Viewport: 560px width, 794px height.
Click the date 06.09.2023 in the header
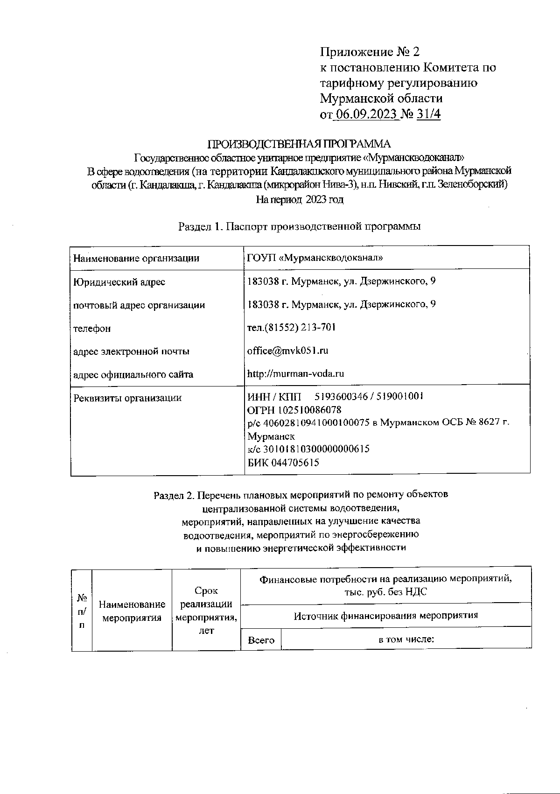tap(367, 114)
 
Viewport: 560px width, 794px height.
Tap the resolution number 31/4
tap(429, 114)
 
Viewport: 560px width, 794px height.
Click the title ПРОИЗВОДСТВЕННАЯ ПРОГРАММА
tap(299, 144)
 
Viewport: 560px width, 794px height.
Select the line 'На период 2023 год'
tap(299, 200)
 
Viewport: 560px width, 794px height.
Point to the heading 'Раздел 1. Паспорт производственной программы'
tap(299, 227)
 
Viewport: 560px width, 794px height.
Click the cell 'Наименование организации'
tap(136, 258)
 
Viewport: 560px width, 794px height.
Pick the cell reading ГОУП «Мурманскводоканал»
tap(315, 258)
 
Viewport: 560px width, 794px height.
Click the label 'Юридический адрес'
tap(119, 282)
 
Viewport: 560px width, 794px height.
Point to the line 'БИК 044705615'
tap(283, 463)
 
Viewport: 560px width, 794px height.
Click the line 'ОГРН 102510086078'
tap(294, 410)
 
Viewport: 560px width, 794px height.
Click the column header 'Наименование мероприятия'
tap(132, 611)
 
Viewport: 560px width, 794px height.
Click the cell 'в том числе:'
tap(406, 639)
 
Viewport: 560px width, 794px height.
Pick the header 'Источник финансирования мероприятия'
tap(386, 616)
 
